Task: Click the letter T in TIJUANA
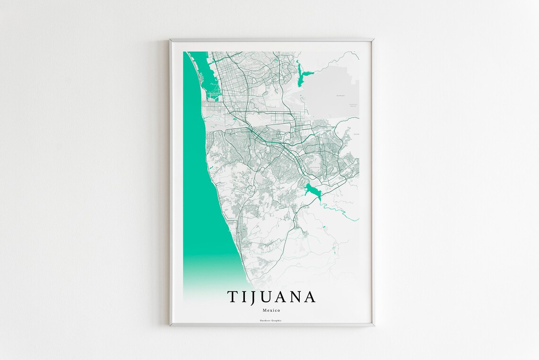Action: (233, 297)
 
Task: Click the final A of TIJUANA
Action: (309, 297)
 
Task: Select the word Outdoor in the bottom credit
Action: (265, 321)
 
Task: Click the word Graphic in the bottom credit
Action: (277, 321)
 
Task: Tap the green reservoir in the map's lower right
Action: (312, 190)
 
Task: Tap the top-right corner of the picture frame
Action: (373, 40)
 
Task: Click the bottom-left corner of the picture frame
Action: (171, 325)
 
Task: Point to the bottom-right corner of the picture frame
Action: (374, 325)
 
